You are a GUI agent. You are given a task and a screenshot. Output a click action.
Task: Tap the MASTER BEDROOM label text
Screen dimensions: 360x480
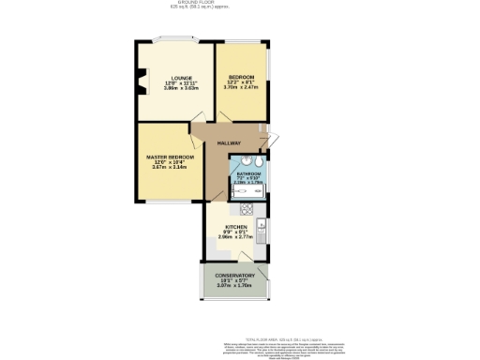[170, 156]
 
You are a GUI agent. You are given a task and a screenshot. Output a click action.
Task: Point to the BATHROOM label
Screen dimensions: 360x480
[248, 173]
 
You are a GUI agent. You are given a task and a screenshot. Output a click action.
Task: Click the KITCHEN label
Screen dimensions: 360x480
[235, 227]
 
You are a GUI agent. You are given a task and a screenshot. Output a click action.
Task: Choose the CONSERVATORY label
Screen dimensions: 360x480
[236, 275]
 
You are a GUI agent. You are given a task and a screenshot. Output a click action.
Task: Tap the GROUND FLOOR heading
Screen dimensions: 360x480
[240, 3]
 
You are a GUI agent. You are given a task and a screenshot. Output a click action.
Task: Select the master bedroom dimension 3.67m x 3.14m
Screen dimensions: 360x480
[170, 167]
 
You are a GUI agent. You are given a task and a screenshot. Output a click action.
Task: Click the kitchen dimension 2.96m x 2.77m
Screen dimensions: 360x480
[235, 238]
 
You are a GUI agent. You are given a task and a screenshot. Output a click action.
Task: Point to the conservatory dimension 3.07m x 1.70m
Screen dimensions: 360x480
[236, 286]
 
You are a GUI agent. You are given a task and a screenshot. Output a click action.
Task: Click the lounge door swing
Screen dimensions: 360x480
[199, 129]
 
